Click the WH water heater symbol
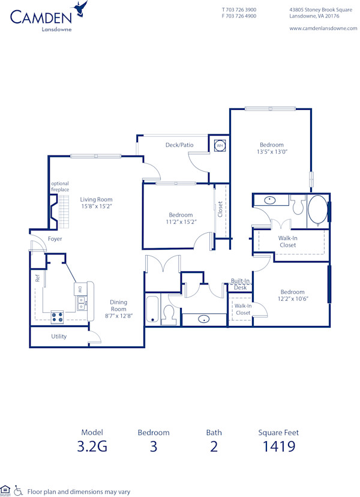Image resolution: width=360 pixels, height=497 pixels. click(x=220, y=145)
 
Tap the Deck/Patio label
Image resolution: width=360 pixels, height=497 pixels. click(x=179, y=145)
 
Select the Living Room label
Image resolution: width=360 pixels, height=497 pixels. click(x=97, y=200)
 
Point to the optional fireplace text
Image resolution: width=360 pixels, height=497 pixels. click(x=59, y=187)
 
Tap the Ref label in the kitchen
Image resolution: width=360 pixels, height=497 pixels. click(x=37, y=279)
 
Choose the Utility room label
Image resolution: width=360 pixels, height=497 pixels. click(x=59, y=337)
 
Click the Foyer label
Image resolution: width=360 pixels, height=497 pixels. click(x=55, y=239)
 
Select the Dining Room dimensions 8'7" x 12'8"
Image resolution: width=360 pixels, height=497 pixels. click(x=118, y=316)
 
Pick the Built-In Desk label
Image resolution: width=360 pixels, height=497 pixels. click(x=241, y=285)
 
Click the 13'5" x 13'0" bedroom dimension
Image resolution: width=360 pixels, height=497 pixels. click(x=271, y=152)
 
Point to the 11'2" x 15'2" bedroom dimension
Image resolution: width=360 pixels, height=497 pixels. click(x=181, y=222)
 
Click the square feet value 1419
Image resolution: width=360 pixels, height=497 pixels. click(x=278, y=446)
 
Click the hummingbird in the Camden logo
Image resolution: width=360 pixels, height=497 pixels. click(x=80, y=8)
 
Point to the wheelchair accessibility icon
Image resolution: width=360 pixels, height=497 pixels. click(x=18, y=491)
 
